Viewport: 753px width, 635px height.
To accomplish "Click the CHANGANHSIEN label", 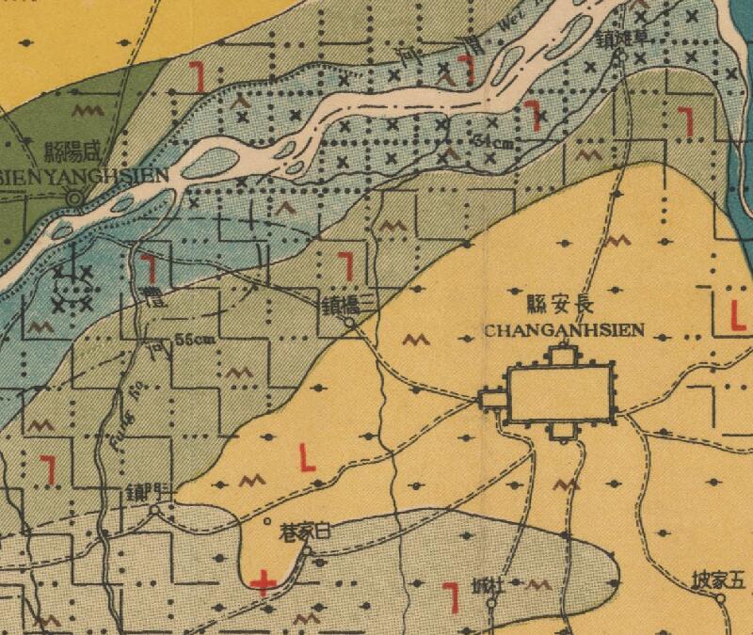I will click(x=563, y=330).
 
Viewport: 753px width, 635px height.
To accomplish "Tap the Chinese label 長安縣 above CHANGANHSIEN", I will click(x=561, y=305).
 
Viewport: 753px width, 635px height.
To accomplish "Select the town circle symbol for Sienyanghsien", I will click(x=74, y=197).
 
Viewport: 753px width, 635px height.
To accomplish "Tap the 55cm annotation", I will click(x=194, y=341).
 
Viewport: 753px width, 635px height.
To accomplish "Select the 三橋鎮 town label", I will click(x=349, y=301).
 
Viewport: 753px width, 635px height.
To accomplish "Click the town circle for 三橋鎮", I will click(x=349, y=323).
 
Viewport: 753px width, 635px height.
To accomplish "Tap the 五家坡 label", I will click(x=717, y=579).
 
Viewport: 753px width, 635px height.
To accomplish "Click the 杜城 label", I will click(x=488, y=587).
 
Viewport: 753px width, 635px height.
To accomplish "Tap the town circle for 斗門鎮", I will click(x=155, y=510).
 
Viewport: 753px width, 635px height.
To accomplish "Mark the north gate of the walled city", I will click(x=562, y=355).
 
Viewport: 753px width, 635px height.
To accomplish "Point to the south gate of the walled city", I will click(x=562, y=430).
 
